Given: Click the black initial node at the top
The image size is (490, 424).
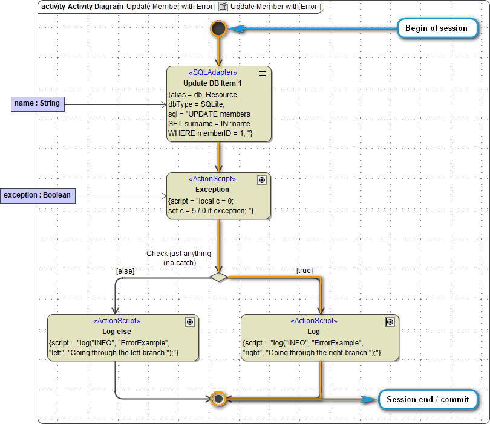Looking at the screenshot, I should (x=218, y=28).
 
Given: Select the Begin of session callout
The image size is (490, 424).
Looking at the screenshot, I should (x=436, y=28).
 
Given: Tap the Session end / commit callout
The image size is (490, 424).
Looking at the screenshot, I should (x=428, y=399).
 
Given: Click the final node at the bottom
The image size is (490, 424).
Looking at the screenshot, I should (x=218, y=399).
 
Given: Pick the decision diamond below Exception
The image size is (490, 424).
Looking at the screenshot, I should (x=218, y=277).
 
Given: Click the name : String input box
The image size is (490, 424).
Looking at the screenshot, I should (x=38, y=103).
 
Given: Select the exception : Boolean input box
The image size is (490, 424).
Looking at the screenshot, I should (x=38, y=195).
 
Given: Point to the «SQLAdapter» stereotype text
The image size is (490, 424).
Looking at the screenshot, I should (x=213, y=72).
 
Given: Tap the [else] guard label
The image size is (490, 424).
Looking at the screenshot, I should (x=125, y=271).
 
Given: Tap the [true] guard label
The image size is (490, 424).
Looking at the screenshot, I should (x=304, y=271).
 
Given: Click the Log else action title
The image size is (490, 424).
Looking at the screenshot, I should (x=117, y=331).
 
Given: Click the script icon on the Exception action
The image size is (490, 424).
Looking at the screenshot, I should (x=262, y=180).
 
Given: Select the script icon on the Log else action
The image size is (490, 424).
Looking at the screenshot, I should (x=189, y=322).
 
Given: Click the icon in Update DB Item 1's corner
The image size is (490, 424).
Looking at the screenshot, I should (x=263, y=73).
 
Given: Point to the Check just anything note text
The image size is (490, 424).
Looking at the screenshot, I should (x=178, y=258).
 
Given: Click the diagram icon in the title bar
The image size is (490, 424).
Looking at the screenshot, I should (x=223, y=6).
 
